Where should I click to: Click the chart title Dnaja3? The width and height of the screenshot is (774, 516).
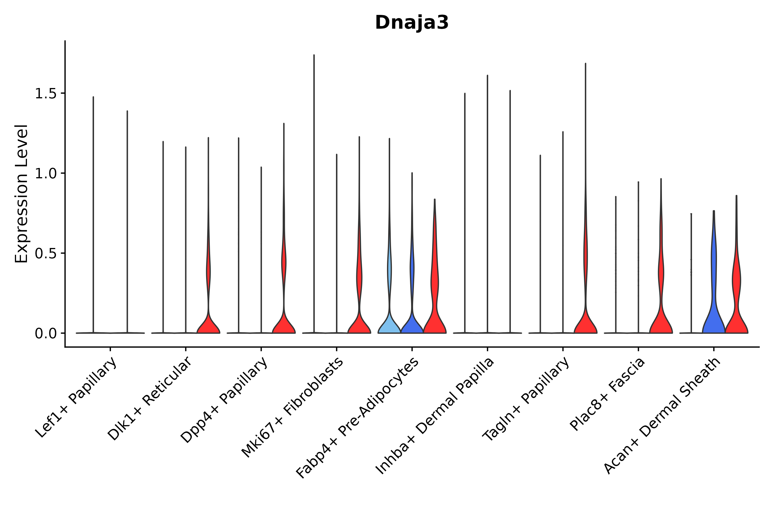[411, 23]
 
